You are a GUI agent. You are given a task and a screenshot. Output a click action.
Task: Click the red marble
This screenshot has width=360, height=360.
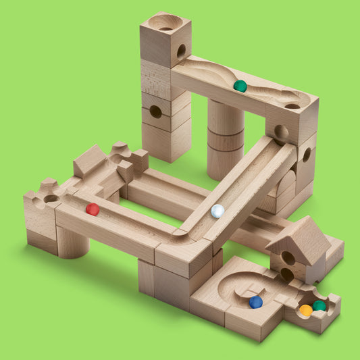pos(93,209)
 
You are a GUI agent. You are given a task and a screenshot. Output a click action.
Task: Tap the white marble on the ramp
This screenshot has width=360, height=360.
pos(217,211)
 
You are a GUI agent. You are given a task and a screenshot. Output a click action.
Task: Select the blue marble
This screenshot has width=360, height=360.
pos(255,302)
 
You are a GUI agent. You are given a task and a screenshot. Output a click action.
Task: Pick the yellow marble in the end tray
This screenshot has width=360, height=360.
pos(306,310)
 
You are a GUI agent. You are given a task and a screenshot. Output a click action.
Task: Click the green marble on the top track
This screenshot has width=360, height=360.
pos(240,86)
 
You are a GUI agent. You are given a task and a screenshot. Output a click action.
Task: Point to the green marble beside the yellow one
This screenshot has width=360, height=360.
pos(319,306)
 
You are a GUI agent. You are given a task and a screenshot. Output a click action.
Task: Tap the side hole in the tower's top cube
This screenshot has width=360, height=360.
pos(181,51)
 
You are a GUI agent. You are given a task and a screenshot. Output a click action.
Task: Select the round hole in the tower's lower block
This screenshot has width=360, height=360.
pos(155,111)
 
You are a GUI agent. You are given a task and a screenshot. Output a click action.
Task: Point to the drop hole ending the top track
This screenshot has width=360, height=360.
pos(292,106)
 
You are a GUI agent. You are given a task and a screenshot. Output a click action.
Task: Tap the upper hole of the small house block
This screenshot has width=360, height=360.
pos(288,258)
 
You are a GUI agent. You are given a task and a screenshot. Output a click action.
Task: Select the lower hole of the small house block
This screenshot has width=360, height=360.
pos(287,274)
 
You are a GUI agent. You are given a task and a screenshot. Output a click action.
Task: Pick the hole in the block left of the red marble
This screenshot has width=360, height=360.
pos(50,199)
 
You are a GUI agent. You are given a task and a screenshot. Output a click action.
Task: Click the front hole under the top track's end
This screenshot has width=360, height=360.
pos(281,131)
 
